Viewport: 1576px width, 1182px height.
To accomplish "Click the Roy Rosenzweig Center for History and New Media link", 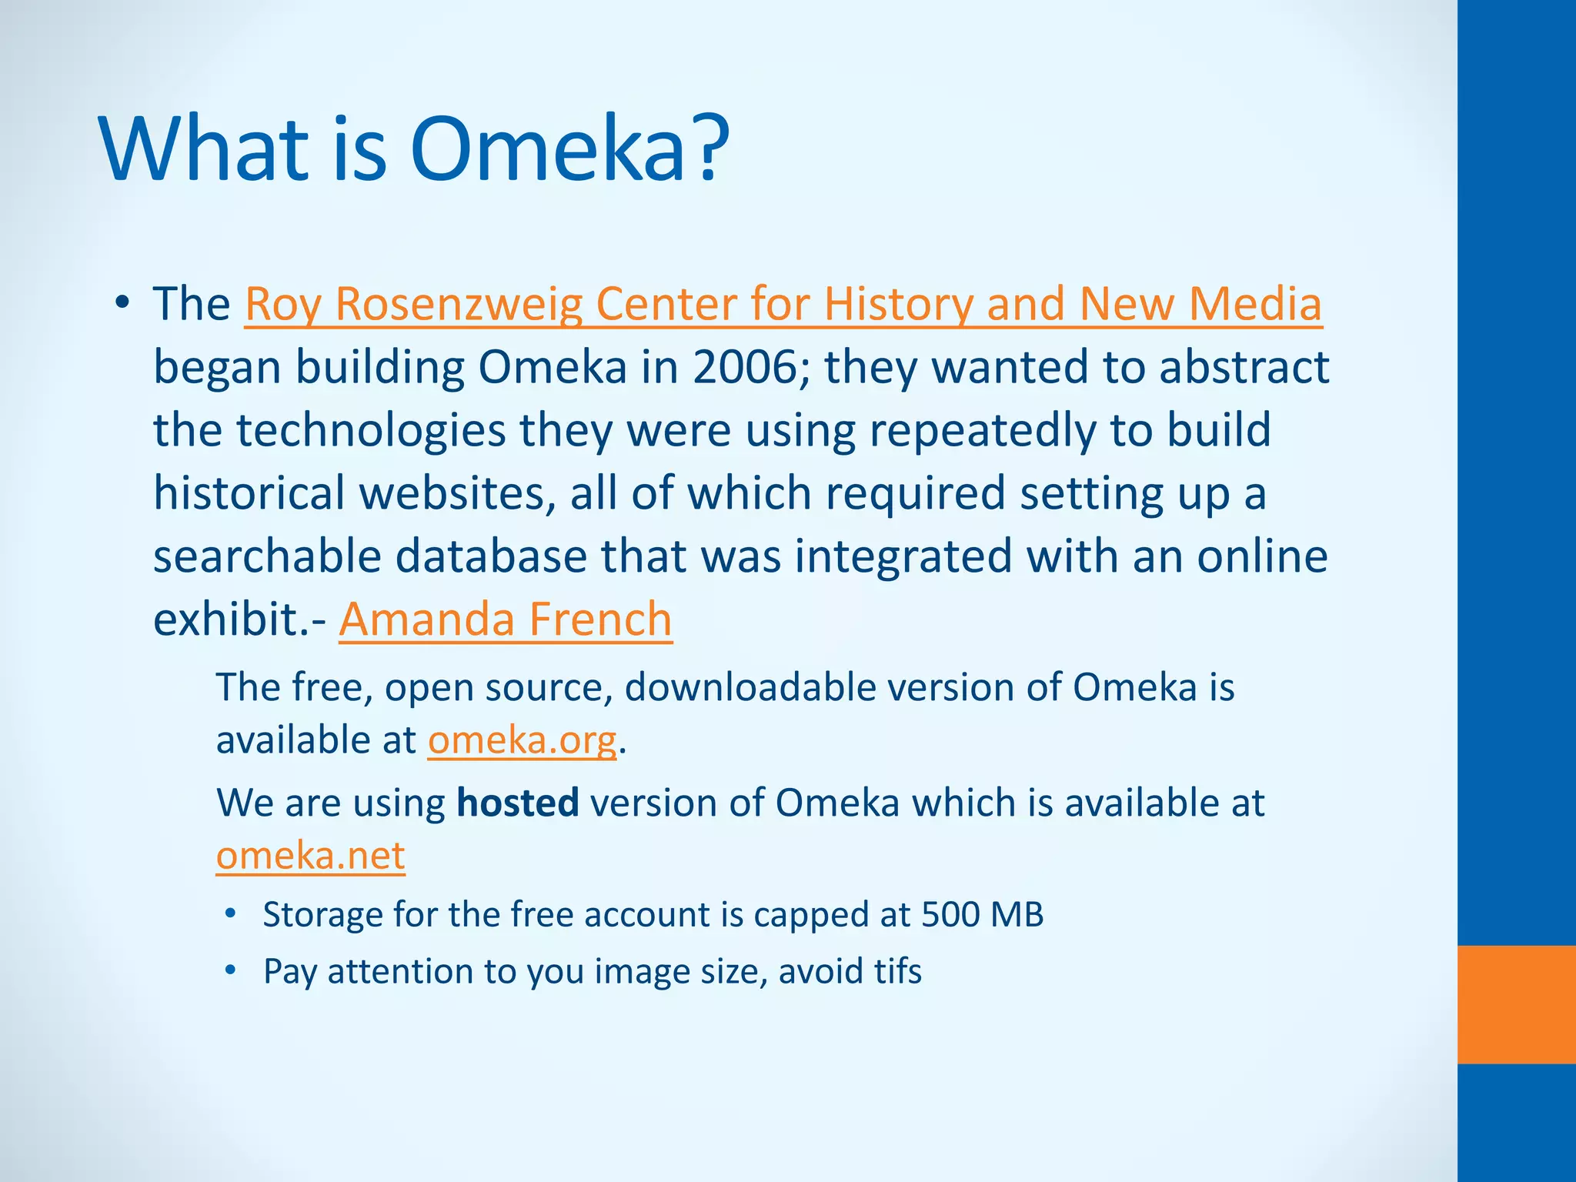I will coord(783,304).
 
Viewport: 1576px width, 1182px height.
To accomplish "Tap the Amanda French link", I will coord(506,619).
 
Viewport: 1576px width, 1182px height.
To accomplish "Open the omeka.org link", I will coord(523,740).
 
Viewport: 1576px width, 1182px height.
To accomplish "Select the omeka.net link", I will coord(310,855).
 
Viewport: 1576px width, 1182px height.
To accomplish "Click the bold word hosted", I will coord(517,803).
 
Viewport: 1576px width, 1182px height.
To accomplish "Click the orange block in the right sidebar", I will coord(1516,1003).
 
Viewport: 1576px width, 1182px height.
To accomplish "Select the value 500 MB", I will coord(982,914).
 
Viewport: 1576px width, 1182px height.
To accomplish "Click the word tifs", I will coord(897,971).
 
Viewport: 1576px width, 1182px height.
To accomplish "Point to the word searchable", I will coord(267,556).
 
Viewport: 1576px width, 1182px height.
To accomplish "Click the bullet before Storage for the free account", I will coord(230,914).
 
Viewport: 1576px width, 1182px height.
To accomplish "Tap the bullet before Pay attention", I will coord(230,971).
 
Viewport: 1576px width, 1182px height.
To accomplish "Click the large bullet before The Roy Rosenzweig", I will coord(122,304).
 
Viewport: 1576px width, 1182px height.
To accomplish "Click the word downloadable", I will coord(750,686).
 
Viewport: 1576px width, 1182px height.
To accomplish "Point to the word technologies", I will coord(371,430).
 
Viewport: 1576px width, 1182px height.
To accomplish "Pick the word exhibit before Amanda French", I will coord(230,619).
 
